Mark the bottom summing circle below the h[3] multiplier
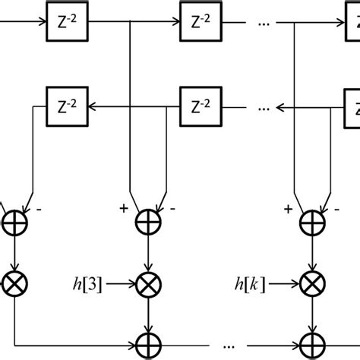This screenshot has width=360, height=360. [x=146, y=339]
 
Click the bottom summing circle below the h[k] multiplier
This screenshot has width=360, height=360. [x=310, y=339]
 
